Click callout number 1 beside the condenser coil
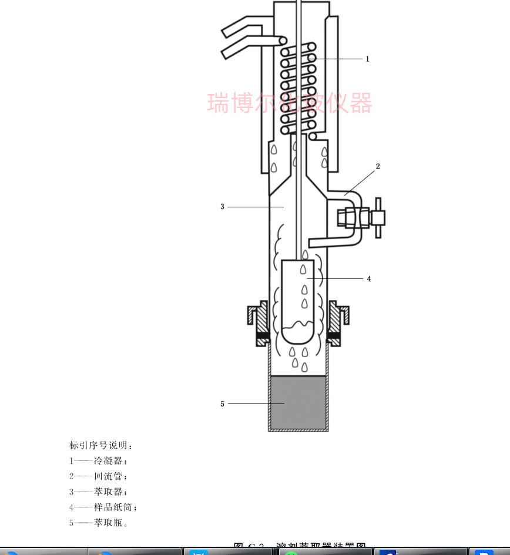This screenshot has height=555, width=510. tap(367, 59)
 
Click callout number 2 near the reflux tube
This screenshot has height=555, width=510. tap(378, 166)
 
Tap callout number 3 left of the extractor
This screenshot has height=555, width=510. tap(222, 207)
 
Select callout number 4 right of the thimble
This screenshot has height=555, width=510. tap(369, 279)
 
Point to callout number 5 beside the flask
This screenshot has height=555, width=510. tap(222, 404)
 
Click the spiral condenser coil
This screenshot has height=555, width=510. tap(298, 88)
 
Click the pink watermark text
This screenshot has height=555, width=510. tap(290, 103)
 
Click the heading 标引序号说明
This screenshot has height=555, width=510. tap(101, 445)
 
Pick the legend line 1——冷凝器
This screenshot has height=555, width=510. tap(98, 461)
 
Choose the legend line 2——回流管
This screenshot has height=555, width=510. tap(98, 476)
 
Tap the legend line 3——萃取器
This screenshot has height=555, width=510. tap(98, 492)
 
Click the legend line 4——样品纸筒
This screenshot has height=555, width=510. tap(103, 507)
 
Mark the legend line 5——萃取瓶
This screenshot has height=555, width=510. tap(98, 522)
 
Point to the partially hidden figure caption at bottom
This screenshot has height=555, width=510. tap(300, 547)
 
